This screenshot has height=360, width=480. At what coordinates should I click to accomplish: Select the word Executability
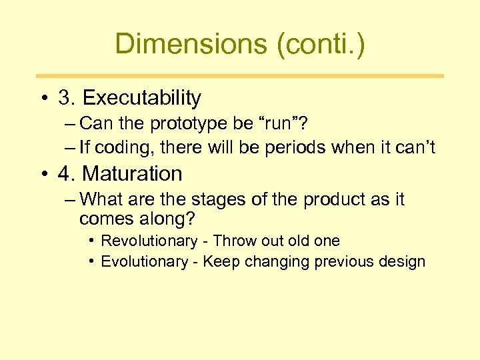tap(141, 99)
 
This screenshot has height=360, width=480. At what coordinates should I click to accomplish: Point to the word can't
tap(413, 148)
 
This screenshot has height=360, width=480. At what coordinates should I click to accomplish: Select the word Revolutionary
tap(149, 241)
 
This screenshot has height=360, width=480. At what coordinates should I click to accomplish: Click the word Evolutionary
tap(145, 262)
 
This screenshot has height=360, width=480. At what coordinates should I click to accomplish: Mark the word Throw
tap(233, 241)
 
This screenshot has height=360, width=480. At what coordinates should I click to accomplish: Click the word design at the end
tap(403, 262)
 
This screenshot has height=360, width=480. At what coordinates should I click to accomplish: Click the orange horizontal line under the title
tap(239, 76)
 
